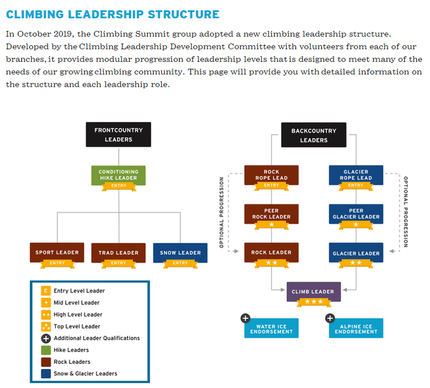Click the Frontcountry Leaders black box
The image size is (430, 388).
[x=119, y=134]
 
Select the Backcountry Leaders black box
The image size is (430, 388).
[x=314, y=135]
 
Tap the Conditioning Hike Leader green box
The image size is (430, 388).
[x=118, y=175]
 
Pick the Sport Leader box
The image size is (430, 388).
[x=57, y=252]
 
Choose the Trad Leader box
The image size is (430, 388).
[x=119, y=252]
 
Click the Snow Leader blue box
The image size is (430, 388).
[x=180, y=252]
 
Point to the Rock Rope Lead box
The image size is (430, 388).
[x=271, y=175]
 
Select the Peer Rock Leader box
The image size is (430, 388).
[x=271, y=214]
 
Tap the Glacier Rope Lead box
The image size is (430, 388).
[x=356, y=175]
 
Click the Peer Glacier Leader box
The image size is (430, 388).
[x=356, y=214]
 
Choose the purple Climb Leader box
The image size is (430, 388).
[x=314, y=291]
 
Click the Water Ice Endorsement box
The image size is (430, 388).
[x=271, y=329]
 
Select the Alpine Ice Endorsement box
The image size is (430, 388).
[x=356, y=329]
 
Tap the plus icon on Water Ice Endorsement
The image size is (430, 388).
[x=245, y=318]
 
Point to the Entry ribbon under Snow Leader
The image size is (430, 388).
[x=180, y=263]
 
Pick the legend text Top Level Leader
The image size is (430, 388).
[x=77, y=326]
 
